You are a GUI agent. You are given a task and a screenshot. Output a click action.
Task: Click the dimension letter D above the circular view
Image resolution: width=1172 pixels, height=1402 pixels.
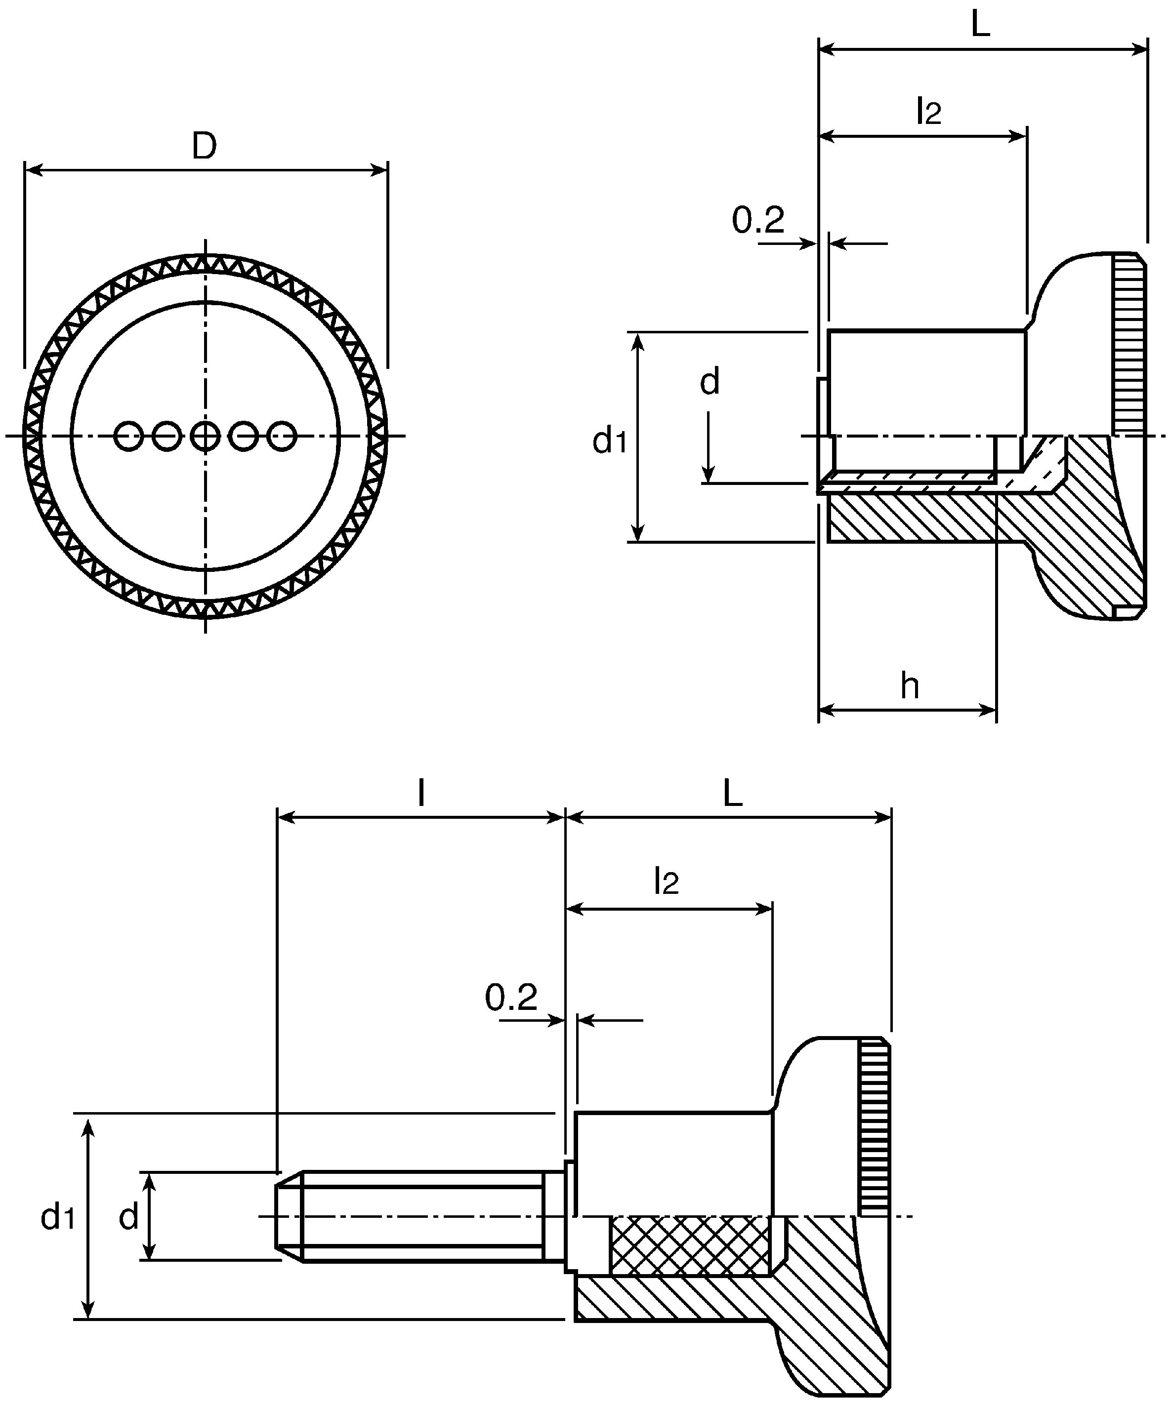coord(205,146)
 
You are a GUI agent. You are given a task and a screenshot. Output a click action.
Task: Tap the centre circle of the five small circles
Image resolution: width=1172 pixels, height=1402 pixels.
coord(205,436)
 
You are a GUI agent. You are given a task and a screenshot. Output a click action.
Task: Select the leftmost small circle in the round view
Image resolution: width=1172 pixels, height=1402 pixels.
coord(128,436)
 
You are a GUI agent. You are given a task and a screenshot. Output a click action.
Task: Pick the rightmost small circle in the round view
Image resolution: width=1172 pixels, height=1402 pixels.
coord(282,436)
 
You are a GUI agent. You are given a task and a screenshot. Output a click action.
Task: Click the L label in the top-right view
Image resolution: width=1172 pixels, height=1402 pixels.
coord(980,25)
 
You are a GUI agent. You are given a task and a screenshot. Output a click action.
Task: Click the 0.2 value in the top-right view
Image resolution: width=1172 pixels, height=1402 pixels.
coord(758,220)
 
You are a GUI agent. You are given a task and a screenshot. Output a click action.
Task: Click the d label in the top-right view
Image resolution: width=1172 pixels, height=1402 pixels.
coord(709,382)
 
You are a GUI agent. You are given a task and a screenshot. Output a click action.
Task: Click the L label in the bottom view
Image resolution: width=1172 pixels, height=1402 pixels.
coord(733,794)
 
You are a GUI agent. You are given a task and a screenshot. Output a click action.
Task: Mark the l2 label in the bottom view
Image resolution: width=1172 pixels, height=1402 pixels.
coord(667,881)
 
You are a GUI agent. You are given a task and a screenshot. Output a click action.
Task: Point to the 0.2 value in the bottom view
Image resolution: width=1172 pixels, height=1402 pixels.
coord(511,1017)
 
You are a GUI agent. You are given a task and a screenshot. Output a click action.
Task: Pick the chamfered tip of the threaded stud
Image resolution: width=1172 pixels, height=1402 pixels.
coord(290,1216)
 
